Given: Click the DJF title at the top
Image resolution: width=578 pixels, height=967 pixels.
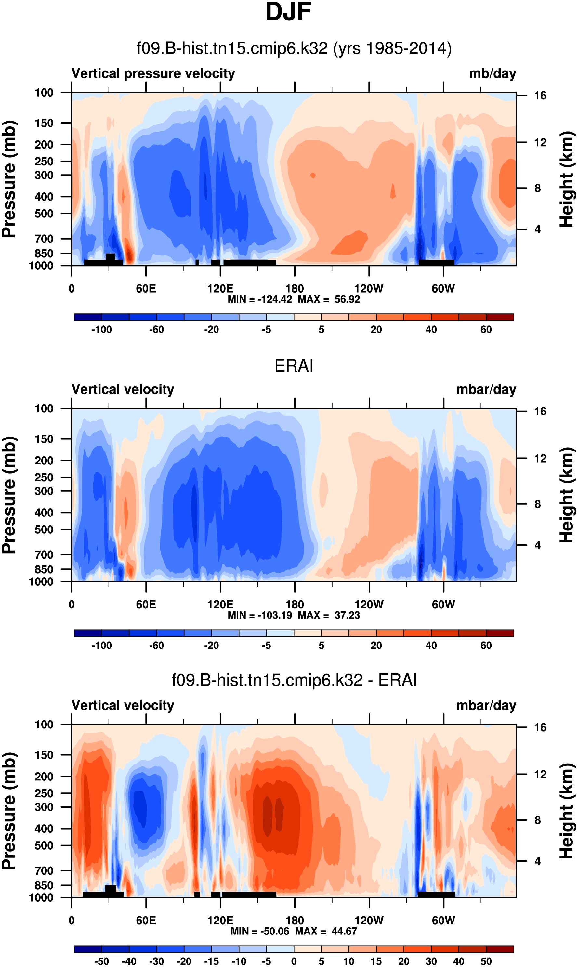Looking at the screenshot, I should tap(288, 12).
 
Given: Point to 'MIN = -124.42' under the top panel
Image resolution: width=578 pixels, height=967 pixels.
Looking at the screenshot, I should tap(260, 299).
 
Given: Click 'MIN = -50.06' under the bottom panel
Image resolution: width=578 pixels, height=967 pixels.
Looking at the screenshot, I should tap(260, 931).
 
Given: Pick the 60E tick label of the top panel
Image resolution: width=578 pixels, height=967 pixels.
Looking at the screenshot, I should tap(146, 289).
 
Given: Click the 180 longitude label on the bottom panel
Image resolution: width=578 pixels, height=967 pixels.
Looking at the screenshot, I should tap(295, 921).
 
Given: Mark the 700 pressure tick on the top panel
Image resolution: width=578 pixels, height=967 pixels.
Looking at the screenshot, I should tap(44, 239).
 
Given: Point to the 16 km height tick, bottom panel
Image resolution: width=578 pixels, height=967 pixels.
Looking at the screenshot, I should tap(540, 727).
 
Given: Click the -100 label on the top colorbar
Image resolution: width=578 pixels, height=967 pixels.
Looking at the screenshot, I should tap(102, 330).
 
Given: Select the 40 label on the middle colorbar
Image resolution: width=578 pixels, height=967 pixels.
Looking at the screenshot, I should tap(431, 646).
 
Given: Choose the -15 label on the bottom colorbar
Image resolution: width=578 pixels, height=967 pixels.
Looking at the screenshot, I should tap(212, 961).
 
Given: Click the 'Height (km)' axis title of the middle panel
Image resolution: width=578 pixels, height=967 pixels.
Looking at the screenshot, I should tap(567, 495).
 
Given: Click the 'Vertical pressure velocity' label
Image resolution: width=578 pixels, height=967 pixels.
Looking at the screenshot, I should tap(153, 73).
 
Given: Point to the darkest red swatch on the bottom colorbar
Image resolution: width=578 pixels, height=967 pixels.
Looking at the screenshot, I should tap(500, 949).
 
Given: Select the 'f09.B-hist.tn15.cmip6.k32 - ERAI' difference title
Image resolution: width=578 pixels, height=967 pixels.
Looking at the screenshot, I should tap(294, 680).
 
